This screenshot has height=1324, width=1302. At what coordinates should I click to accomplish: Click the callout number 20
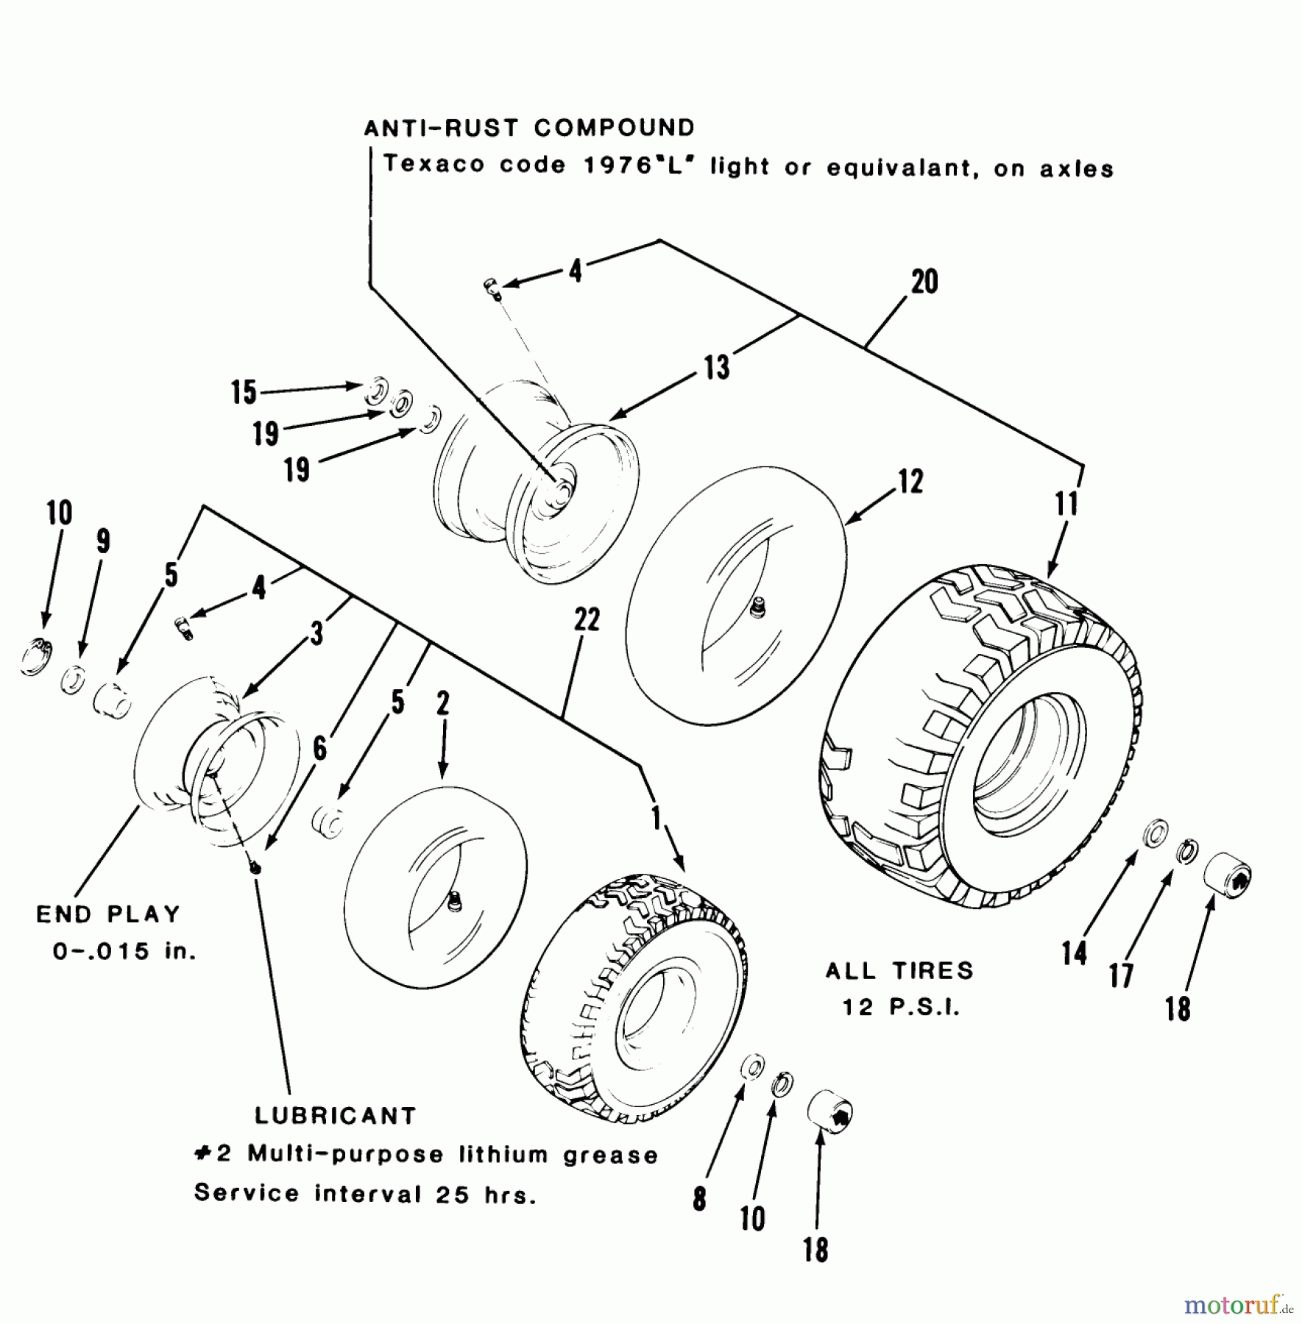coord(924,282)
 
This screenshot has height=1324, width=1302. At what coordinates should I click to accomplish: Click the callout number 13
coord(716,367)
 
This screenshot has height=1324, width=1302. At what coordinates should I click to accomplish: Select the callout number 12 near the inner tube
coord(910,482)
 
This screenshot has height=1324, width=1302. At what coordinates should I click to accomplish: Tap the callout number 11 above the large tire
coord(1066,504)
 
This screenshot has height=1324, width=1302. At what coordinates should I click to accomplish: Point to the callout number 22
coord(587,619)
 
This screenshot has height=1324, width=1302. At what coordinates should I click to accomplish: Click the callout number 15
coord(244,392)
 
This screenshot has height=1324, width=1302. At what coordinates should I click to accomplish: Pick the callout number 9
coord(103,541)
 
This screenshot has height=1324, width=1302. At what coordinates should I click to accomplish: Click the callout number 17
coord(1120,976)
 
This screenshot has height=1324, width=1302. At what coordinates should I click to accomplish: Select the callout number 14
coord(1074,953)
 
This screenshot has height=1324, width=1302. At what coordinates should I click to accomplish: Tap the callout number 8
coord(699,1199)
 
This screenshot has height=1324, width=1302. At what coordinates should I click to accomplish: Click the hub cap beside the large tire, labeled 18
coord(1227,873)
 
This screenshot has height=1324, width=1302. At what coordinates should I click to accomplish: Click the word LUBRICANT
coord(336,1116)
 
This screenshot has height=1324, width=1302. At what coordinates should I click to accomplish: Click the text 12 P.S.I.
coord(902,1008)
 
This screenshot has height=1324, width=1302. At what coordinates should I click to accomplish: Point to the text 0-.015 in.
coord(124,951)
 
